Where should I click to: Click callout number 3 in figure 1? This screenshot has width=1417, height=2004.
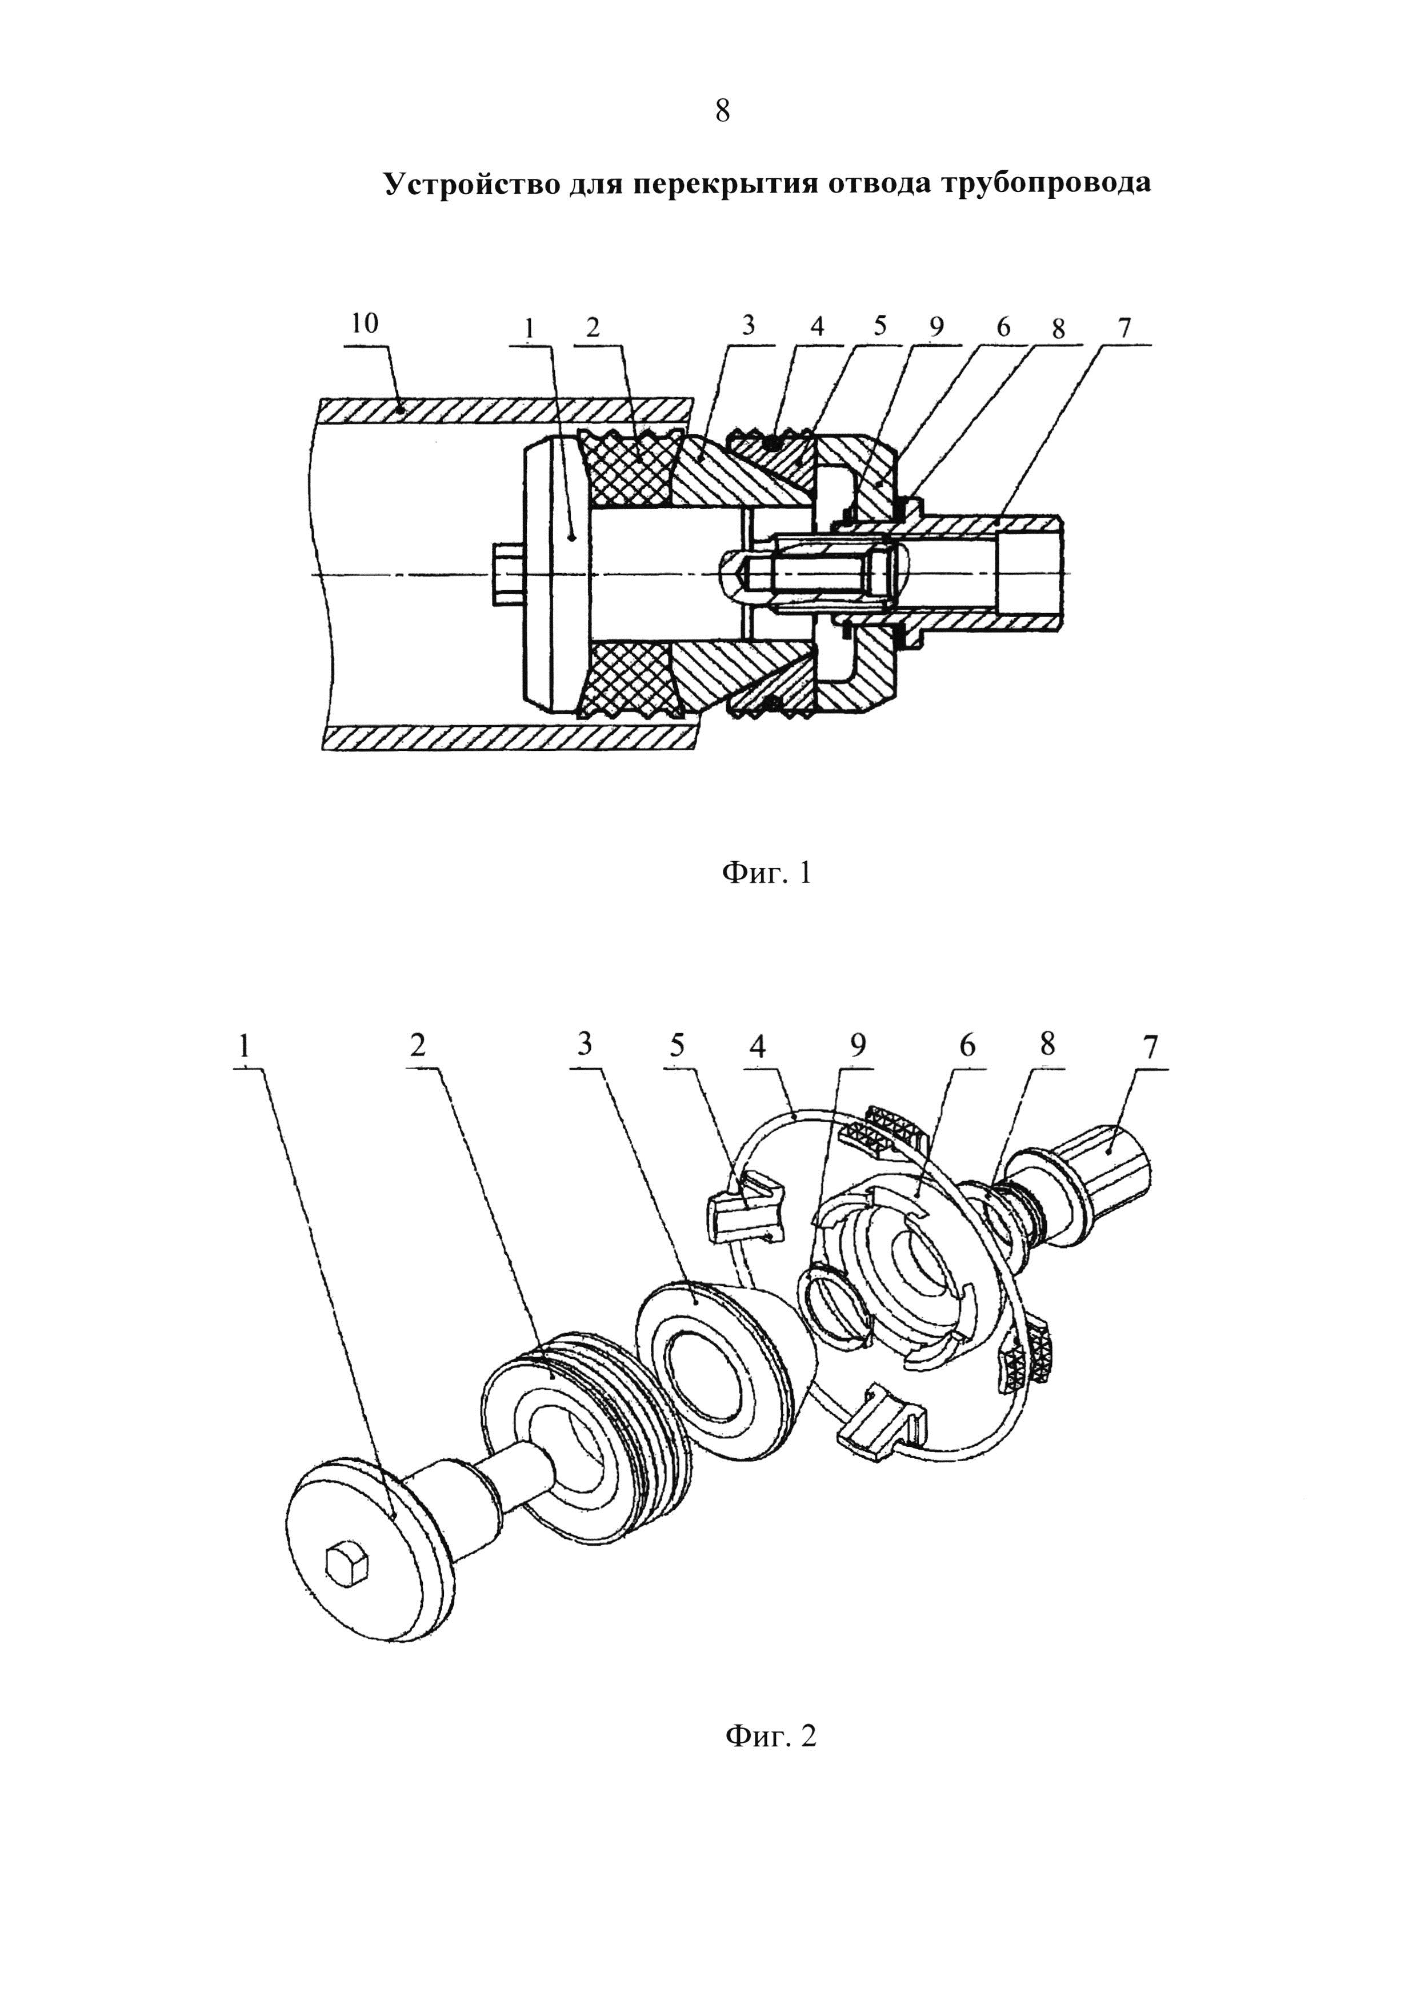(x=748, y=326)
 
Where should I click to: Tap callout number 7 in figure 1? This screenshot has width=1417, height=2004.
(x=1124, y=327)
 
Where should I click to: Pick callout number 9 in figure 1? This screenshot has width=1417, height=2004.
(x=936, y=327)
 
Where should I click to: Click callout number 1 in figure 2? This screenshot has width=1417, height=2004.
(x=245, y=1045)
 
